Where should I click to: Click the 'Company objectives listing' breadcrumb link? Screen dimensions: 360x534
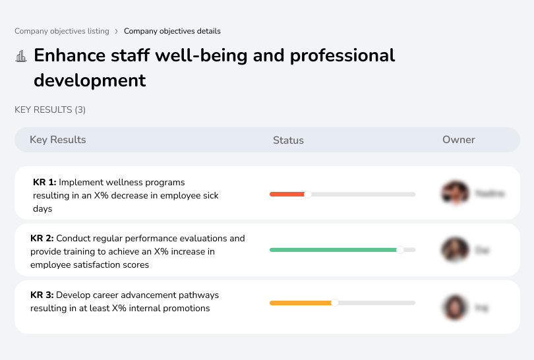pos(62,31)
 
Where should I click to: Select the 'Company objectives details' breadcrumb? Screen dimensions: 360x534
pos(172,31)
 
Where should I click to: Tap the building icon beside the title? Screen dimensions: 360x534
pos(21,56)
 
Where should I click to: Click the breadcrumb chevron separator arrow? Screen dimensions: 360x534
pos(117,31)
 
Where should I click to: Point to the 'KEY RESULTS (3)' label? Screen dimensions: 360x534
pos(50,109)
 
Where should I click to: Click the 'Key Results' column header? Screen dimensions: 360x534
pos(57,140)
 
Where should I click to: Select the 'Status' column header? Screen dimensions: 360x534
pos(288,140)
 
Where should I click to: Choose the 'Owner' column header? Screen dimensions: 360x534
pos(459,140)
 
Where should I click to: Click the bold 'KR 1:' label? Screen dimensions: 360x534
pos(45,182)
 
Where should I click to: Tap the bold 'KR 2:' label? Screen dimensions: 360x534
pos(43,238)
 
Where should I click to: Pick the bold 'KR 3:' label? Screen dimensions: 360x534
pos(43,295)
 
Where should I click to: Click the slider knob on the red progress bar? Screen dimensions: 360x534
pos(307,194)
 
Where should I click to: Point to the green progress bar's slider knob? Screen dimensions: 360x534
pos(400,250)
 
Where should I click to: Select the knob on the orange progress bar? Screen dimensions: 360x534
pos(335,303)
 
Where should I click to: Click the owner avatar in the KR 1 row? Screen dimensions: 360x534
pos(455,193)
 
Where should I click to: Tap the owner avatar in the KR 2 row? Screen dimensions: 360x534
pos(455,250)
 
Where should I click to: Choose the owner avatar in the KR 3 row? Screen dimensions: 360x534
pos(455,307)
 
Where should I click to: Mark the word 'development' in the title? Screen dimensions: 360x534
pos(90,80)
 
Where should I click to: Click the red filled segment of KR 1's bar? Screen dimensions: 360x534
pos(287,194)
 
